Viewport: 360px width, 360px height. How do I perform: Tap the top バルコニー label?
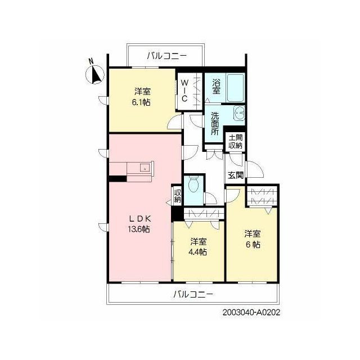tap(166, 56)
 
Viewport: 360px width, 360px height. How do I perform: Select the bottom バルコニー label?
tap(193, 294)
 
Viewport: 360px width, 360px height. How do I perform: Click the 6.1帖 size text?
tap(141, 102)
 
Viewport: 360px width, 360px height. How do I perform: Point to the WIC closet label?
tap(184, 91)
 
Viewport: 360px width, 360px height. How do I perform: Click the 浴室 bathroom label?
tap(216, 86)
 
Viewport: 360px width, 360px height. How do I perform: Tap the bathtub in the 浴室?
tap(235, 88)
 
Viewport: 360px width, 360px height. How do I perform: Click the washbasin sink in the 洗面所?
tap(239, 114)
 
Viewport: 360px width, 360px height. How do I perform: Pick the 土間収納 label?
tap(236, 142)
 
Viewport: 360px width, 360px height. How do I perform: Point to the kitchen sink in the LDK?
tap(145, 168)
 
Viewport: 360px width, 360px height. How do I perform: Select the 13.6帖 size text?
tap(139, 229)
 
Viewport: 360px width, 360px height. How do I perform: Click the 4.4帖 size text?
tap(197, 252)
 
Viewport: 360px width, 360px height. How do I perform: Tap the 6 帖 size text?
tap(253, 245)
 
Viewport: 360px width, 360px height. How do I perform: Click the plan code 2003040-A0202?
tap(251, 313)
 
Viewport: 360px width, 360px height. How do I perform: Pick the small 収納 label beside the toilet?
tap(178, 196)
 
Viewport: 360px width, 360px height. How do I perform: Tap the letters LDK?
tap(140, 219)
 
